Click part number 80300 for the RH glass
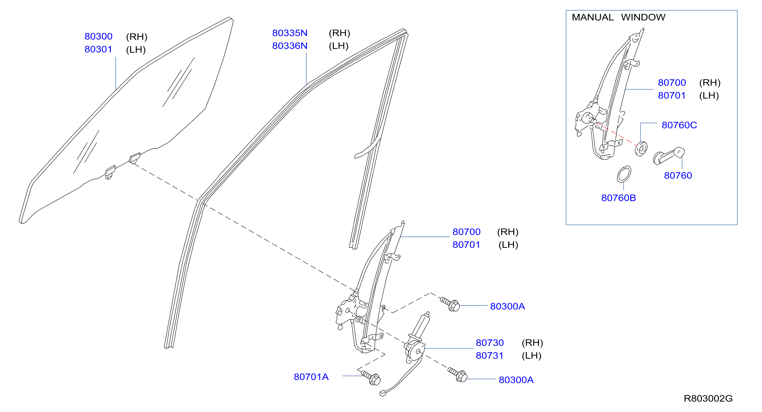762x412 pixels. coord(98,36)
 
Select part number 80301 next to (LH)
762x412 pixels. coord(98,49)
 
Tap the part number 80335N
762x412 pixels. coord(290,33)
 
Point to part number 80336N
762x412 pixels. coord(290,46)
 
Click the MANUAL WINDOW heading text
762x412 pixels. coord(619,17)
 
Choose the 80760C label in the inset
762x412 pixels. coord(679,125)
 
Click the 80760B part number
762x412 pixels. coord(619,198)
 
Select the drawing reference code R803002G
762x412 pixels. coord(708,398)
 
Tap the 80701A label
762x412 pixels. coord(311,377)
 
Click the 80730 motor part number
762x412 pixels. coord(490,343)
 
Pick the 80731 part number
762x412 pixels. coord(490,356)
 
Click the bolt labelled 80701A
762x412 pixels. coord(371,378)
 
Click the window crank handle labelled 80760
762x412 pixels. coord(669,156)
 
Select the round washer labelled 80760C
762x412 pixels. coord(641,149)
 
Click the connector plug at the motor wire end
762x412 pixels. coord(383,393)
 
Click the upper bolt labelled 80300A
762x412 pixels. coord(450,304)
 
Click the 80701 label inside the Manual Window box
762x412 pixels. coord(671,96)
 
